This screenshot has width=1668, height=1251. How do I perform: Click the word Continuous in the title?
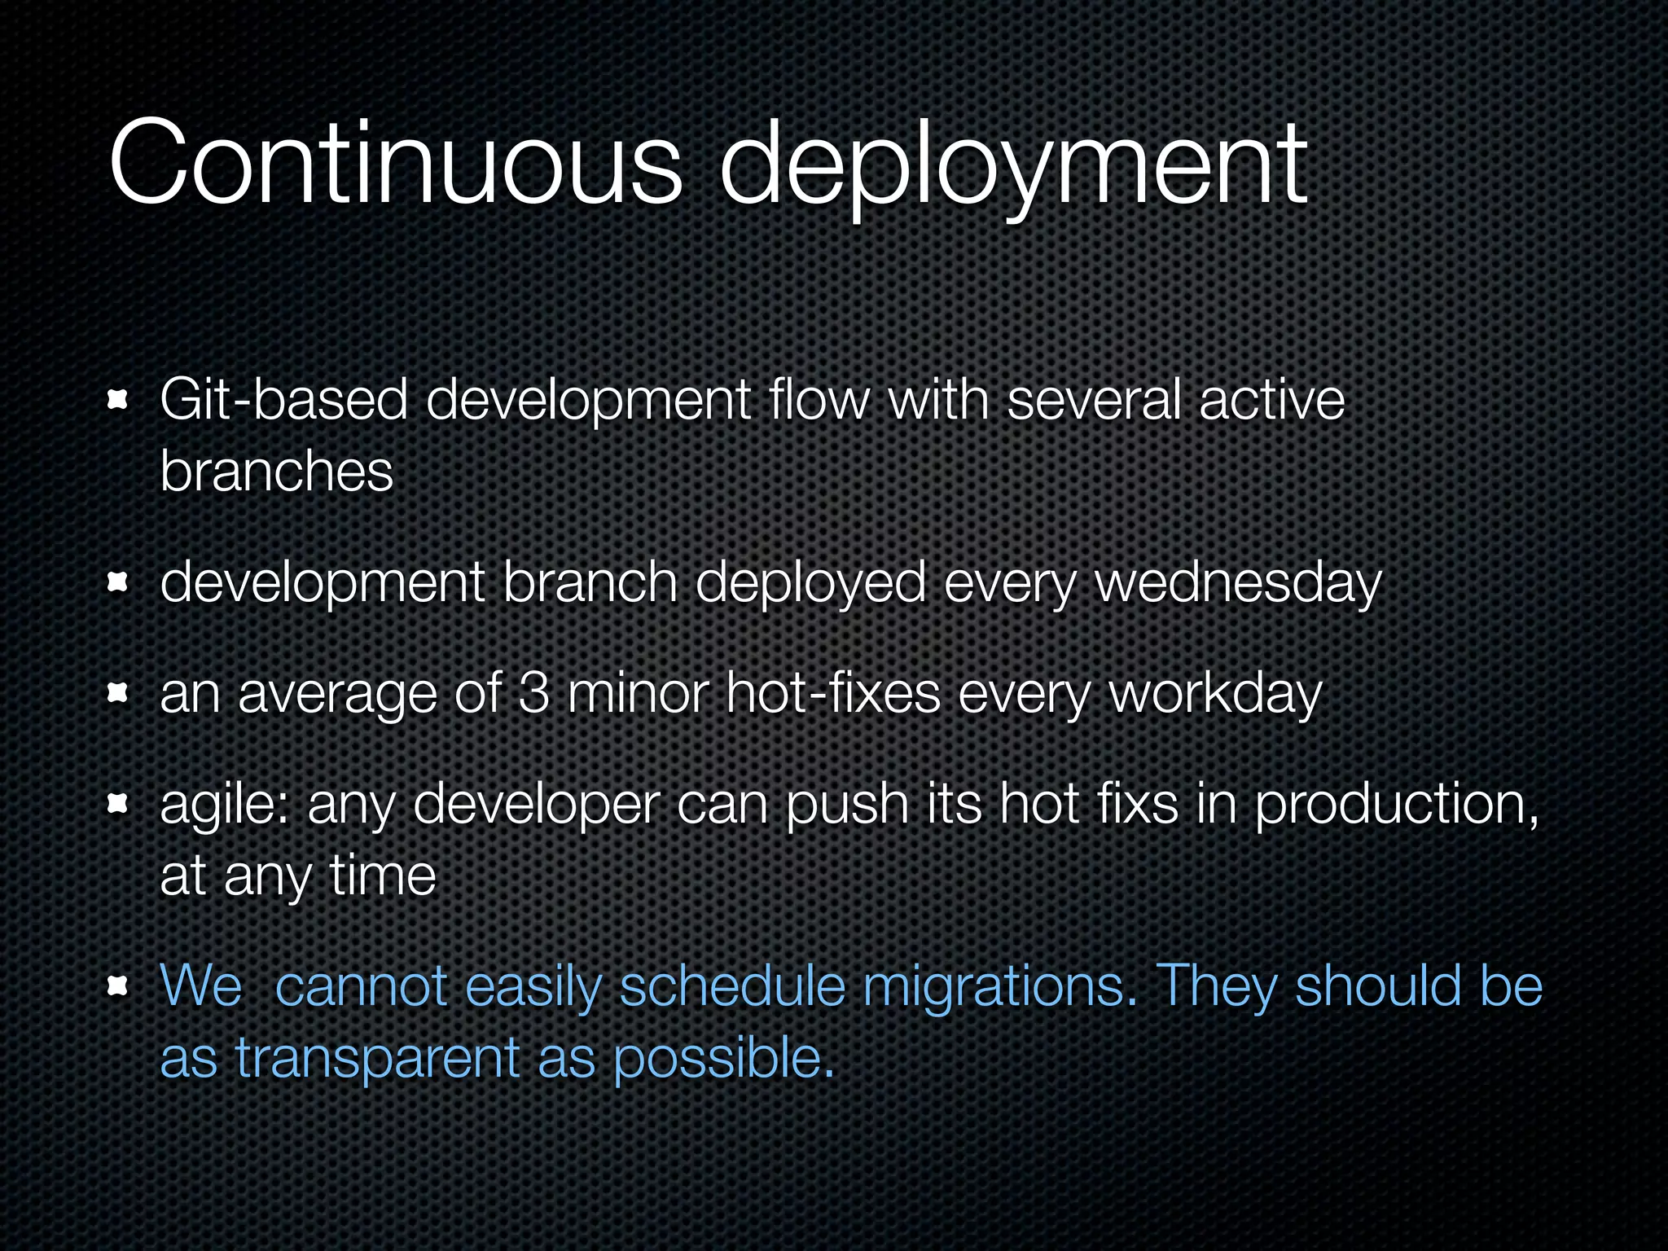pos(395,163)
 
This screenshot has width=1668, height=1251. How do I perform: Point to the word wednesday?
pos(1238,583)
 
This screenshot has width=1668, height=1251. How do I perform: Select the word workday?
pos(1216,695)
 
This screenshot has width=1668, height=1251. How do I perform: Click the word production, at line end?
pos(1396,805)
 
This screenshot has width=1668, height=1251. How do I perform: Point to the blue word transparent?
pos(377,1059)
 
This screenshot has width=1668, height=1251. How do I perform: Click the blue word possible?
pos(724,1059)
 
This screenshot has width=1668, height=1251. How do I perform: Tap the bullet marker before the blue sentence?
pos(119,987)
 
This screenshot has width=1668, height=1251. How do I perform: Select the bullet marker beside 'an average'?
pos(119,693)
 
